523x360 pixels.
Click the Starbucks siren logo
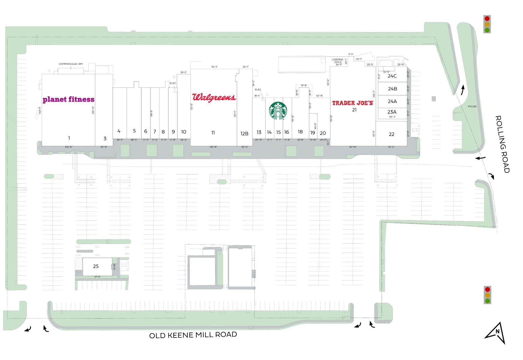click(x=278, y=110)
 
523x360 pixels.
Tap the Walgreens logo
click(x=214, y=97)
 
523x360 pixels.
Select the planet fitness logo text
click(x=68, y=99)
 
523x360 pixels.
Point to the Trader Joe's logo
click(x=352, y=103)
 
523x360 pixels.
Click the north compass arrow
click(x=496, y=332)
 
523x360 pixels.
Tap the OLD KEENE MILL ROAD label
click(x=193, y=334)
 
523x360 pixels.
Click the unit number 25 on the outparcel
click(x=96, y=266)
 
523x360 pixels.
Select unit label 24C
click(x=392, y=76)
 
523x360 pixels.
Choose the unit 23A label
click(x=392, y=112)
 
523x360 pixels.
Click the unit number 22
click(x=391, y=134)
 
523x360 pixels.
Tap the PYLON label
click(x=472, y=106)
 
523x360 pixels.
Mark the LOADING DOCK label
click(x=337, y=61)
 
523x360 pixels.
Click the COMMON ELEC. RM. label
click(x=71, y=64)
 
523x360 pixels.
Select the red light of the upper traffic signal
click(x=487, y=19)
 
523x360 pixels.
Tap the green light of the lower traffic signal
click(x=487, y=301)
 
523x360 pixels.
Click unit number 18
click(x=300, y=132)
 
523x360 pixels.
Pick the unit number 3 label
click(x=105, y=138)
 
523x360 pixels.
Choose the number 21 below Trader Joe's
click(x=354, y=110)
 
